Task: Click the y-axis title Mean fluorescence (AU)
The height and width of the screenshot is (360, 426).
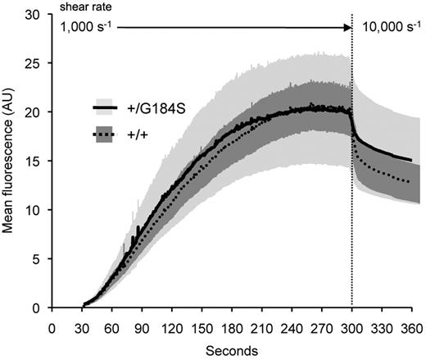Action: [10, 165]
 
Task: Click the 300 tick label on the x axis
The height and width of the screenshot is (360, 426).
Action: [352, 326]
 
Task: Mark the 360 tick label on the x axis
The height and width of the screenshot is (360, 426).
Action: [412, 326]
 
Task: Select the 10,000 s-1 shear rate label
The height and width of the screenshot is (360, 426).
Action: [391, 29]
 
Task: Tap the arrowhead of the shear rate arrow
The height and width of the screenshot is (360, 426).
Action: [347, 29]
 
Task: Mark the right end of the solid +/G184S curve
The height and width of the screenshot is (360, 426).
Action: [411, 160]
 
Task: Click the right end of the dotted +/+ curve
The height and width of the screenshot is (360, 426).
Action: [411, 181]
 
